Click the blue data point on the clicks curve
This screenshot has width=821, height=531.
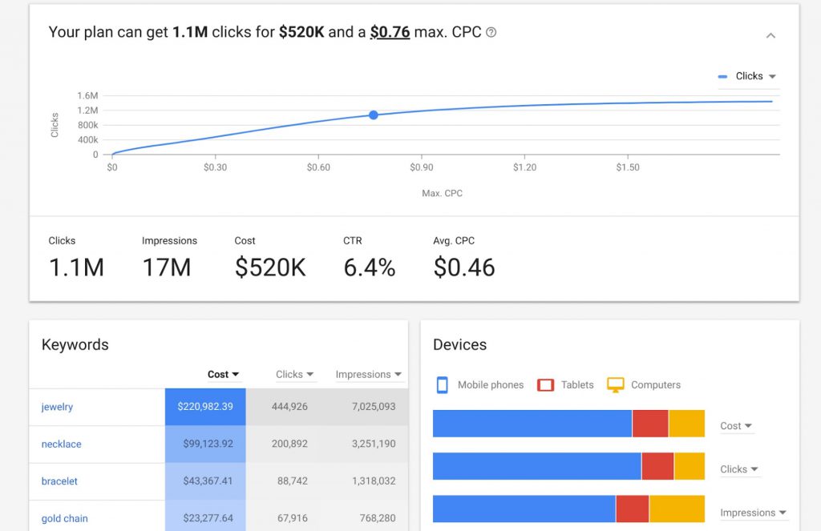[374, 115]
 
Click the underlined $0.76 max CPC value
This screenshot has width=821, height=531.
[390, 33]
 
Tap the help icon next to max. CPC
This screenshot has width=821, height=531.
[491, 33]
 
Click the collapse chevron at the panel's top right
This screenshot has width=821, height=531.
[770, 36]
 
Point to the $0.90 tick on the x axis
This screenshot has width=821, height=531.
[421, 167]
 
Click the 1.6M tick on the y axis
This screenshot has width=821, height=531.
[87, 95]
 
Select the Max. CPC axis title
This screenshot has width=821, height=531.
[442, 193]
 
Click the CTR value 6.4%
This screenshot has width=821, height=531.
[369, 268]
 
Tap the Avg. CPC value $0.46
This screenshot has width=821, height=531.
[464, 268]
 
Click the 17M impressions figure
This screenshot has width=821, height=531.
[167, 268]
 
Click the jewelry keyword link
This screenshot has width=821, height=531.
[57, 407]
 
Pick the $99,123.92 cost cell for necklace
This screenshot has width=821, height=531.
[205, 444]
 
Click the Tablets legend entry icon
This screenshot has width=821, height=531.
[546, 385]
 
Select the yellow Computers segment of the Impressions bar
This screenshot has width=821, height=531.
[677, 509]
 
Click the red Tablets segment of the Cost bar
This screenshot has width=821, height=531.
[650, 424]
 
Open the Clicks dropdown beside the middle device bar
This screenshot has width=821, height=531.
[738, 469]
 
